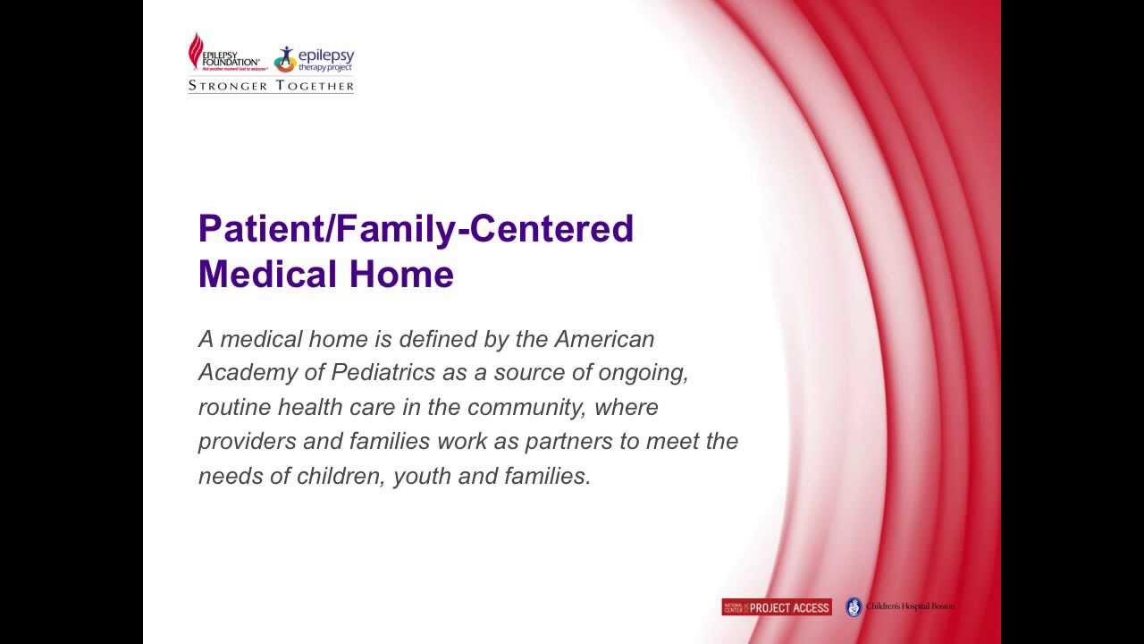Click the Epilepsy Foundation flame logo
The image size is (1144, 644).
(196, 51)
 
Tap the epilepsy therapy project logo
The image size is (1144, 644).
(314, 59)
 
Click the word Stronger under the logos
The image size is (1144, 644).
(228, 86)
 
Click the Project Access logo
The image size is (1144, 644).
(776, 607)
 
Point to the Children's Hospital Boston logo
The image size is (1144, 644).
(900, 606)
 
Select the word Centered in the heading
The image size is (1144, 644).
(551, 229)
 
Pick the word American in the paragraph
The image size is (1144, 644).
(604, 339)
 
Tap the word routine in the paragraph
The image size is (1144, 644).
(234, 407)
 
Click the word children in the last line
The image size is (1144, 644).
(344, 476)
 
